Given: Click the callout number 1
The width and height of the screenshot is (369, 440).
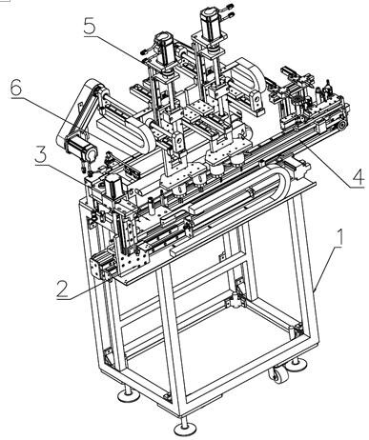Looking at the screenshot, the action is pyautogui.click(x=339, y=238).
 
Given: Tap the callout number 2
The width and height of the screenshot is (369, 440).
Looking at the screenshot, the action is pyautogui.click(x=63, y=289).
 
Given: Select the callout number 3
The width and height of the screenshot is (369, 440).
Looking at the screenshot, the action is pyautogui.click(x=41, y=154).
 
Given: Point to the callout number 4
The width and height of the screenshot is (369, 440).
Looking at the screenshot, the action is pyautogui.click(x=359, y=177).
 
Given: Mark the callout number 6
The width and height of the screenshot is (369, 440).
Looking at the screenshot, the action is pyautogui.click(x=16, y=87).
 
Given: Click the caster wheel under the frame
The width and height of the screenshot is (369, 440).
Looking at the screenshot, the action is pyautogui.click(x=277, y=374).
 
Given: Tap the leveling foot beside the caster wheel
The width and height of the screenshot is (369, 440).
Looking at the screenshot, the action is pyautogui.click(x=297, y=365).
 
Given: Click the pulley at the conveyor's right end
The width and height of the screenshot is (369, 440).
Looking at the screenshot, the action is pyautogui.click(x=341, y=126).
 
